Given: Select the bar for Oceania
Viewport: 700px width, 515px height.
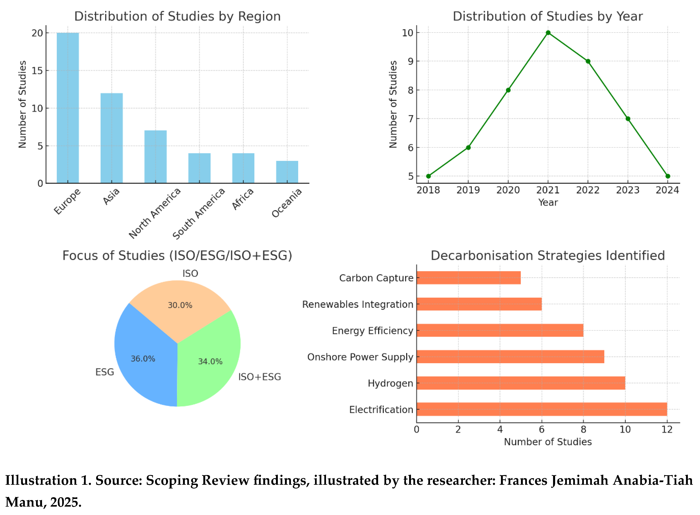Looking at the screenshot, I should [x=287, y=172].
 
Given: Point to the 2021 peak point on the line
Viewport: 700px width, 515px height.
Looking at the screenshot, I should [x=548, y=33].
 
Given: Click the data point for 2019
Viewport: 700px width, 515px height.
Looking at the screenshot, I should [x=468, y=148].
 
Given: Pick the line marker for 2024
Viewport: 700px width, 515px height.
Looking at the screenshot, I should [x=668, y=176].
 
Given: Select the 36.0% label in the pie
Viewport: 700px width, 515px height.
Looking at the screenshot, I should [x=143, y=359].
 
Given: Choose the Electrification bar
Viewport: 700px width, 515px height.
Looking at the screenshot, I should [x=542, y=409].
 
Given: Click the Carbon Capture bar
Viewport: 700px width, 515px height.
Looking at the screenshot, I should [x=468, y=278].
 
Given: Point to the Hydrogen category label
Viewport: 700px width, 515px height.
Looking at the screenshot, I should [x=390, y=383].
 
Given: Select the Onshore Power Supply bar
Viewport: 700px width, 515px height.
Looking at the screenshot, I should [x=510, y=357].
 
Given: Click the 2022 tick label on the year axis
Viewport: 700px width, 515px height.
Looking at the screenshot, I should [x=588, y=190].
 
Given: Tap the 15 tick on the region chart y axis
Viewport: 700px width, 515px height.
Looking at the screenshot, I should [x=37, y=71].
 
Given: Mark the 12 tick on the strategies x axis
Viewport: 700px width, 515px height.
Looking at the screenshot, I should [x=667, y=430].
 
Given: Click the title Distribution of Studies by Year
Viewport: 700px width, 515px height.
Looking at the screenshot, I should [x=548, y=16].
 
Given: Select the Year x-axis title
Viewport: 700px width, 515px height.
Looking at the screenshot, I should [x=548, y=203].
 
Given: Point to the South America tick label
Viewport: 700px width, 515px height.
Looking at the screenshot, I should [x=198, y=214].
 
